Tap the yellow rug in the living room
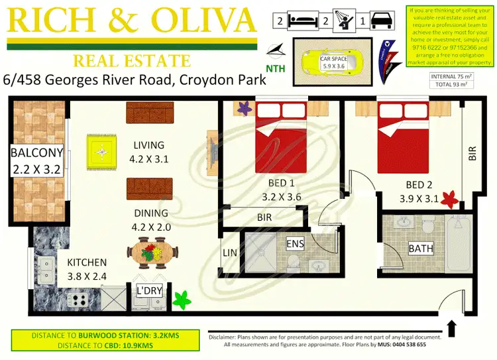(x=102, y=152)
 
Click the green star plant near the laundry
(x=181, y=300)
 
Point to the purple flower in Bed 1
(x=243, y=106)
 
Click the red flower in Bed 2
(x=451, y=198)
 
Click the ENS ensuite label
(x=296, y=244)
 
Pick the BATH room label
(x=420, y=249)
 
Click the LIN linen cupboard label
(x=230, y=253)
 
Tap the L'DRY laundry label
(x=150, y=290)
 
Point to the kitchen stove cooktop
(x=78, y=299)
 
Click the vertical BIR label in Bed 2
(x=472, y=154)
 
